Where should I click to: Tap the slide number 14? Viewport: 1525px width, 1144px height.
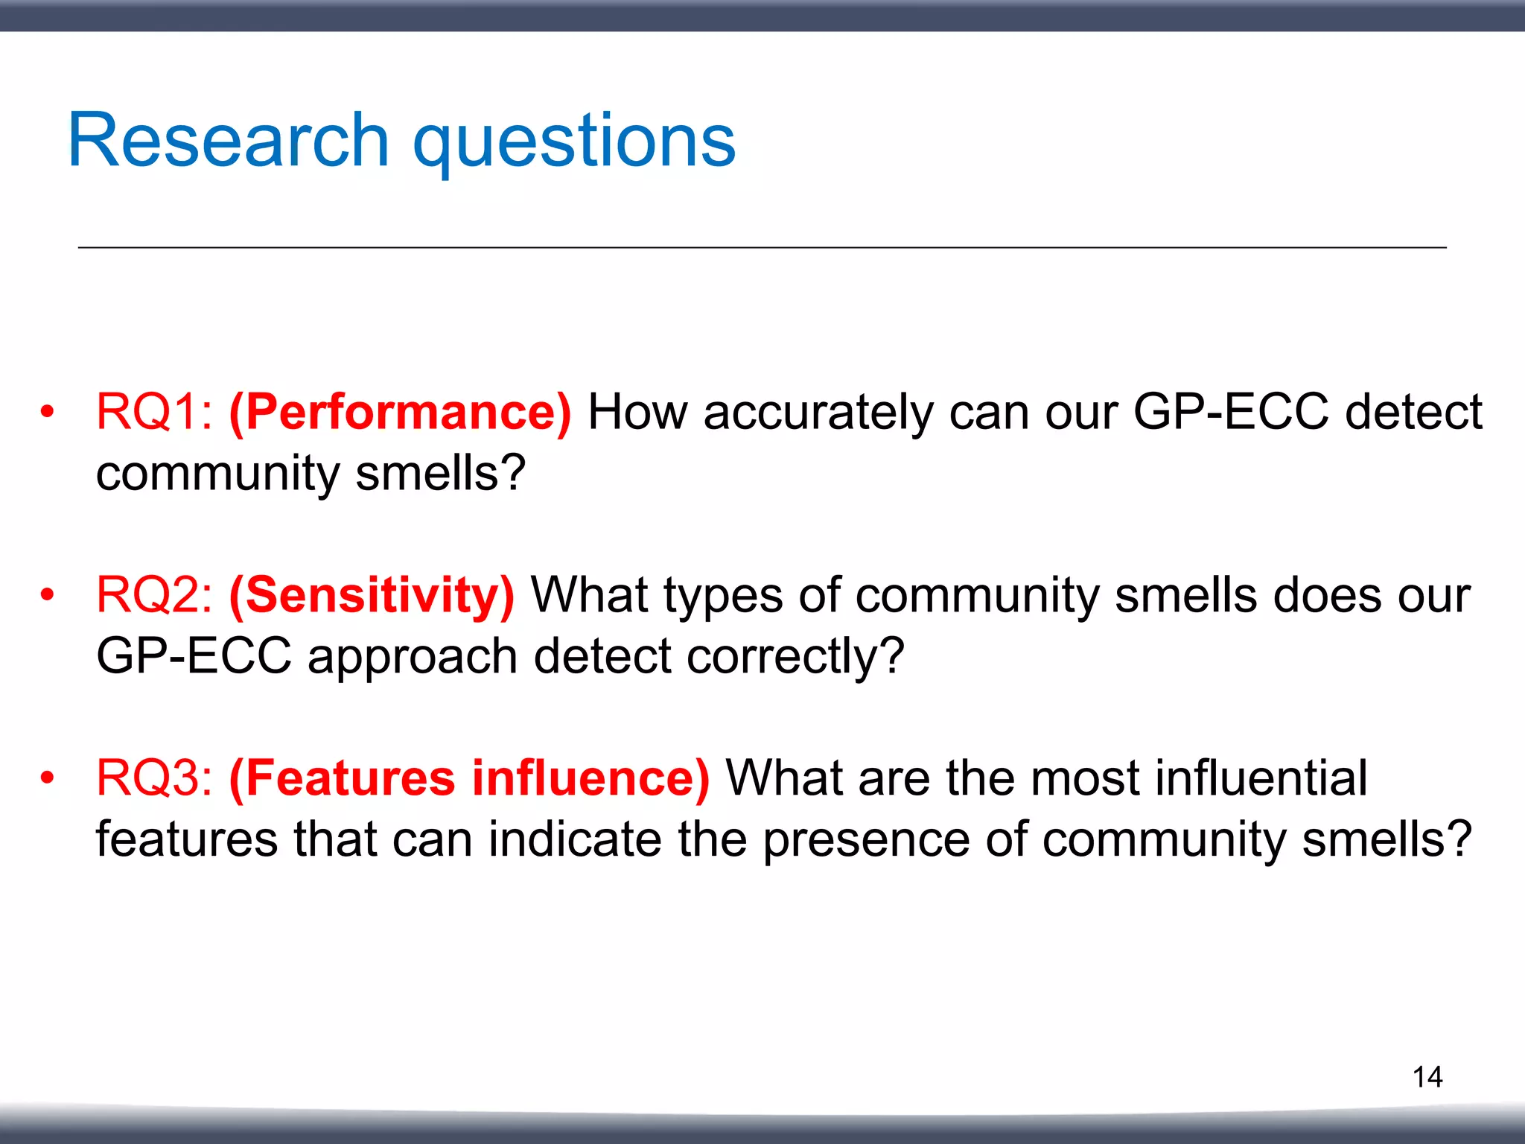(x=1427, y=1077)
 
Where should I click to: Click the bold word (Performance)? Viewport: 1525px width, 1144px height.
(x=401, y=413)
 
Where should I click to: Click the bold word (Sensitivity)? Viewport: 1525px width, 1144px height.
(x=372, y=596)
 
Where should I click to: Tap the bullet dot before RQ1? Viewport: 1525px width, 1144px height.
(x=48, y=412)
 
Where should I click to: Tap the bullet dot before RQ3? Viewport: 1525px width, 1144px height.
(x=48, y=778)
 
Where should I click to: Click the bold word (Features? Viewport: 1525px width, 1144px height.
(x=342, y=778)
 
